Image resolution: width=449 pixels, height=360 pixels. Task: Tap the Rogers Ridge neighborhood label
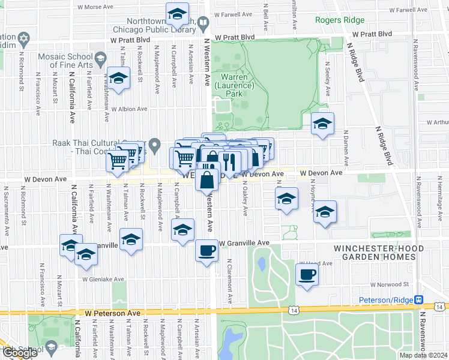tap(340, 20)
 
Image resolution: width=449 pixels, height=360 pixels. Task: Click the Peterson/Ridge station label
tap(386, 300)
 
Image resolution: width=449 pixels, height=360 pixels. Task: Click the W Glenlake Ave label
tap(103, 279)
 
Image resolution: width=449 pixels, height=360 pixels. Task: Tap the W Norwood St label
tap(389, 284)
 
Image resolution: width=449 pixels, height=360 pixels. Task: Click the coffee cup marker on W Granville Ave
tap(207, 250)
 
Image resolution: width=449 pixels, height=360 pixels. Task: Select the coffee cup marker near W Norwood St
tap(307, 275)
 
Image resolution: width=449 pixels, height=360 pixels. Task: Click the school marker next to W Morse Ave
tap(177, 13)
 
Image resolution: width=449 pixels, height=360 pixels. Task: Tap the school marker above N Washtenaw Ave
tap(118, 79)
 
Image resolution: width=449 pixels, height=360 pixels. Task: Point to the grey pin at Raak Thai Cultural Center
tap(155, 145)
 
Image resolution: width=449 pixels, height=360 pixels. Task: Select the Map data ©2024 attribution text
tap(423, 355)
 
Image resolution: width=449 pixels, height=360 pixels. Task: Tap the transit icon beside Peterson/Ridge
tap(419, 300)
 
